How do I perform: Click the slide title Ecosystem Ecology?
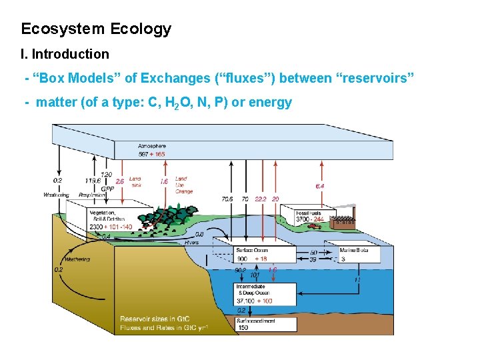(x=96, y=29)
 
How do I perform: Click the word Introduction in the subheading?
(x=70, y=54)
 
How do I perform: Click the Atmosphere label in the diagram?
(x=153, y=146)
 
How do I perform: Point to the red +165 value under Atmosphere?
(x=157, y=154)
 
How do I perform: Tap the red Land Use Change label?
(x=184, y=185)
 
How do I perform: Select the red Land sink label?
(x=135, y=181)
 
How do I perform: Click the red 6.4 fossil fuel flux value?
(x=320, y=187)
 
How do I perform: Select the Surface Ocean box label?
(x=253, y=250)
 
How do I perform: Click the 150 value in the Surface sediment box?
(x=243, y=327)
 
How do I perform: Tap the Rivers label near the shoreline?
(x=192, y=243)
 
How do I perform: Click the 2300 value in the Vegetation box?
(x=98, y=227)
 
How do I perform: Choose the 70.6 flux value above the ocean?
(x=227, y=199)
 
